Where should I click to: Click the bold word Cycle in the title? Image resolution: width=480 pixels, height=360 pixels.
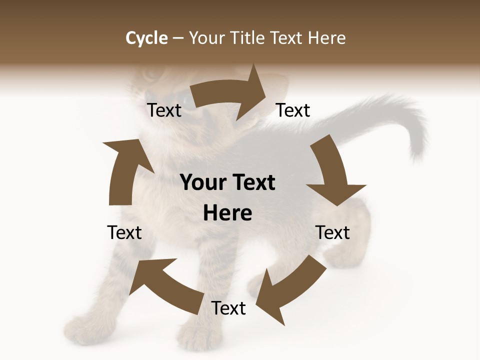coord(146,38)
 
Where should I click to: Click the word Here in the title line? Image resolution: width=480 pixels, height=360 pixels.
coord(327,38)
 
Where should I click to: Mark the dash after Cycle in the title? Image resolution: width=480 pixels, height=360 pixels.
coord(178,38)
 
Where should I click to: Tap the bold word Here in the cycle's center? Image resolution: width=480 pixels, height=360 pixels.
coord(227,213)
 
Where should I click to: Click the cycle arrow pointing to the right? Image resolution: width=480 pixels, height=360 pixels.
coord(230,93)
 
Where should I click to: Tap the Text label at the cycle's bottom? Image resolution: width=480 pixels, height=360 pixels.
coord(228,308)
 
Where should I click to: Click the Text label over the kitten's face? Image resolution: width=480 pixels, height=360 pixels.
coord(164,110)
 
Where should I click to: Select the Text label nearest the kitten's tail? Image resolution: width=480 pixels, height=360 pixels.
coord(293,110)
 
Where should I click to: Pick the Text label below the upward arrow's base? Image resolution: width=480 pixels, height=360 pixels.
coord(124,232)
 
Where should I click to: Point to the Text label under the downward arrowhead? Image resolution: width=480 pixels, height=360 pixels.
coord(333,232)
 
